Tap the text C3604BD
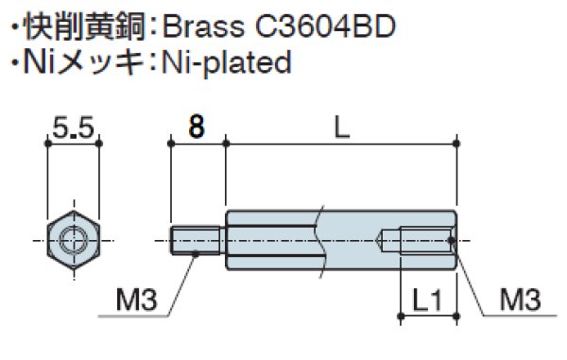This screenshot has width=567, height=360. pos(329,25)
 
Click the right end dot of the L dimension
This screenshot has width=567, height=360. pos(456,144)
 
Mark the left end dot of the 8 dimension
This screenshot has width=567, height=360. pos(170,144)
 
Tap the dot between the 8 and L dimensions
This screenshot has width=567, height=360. pos(226,144)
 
